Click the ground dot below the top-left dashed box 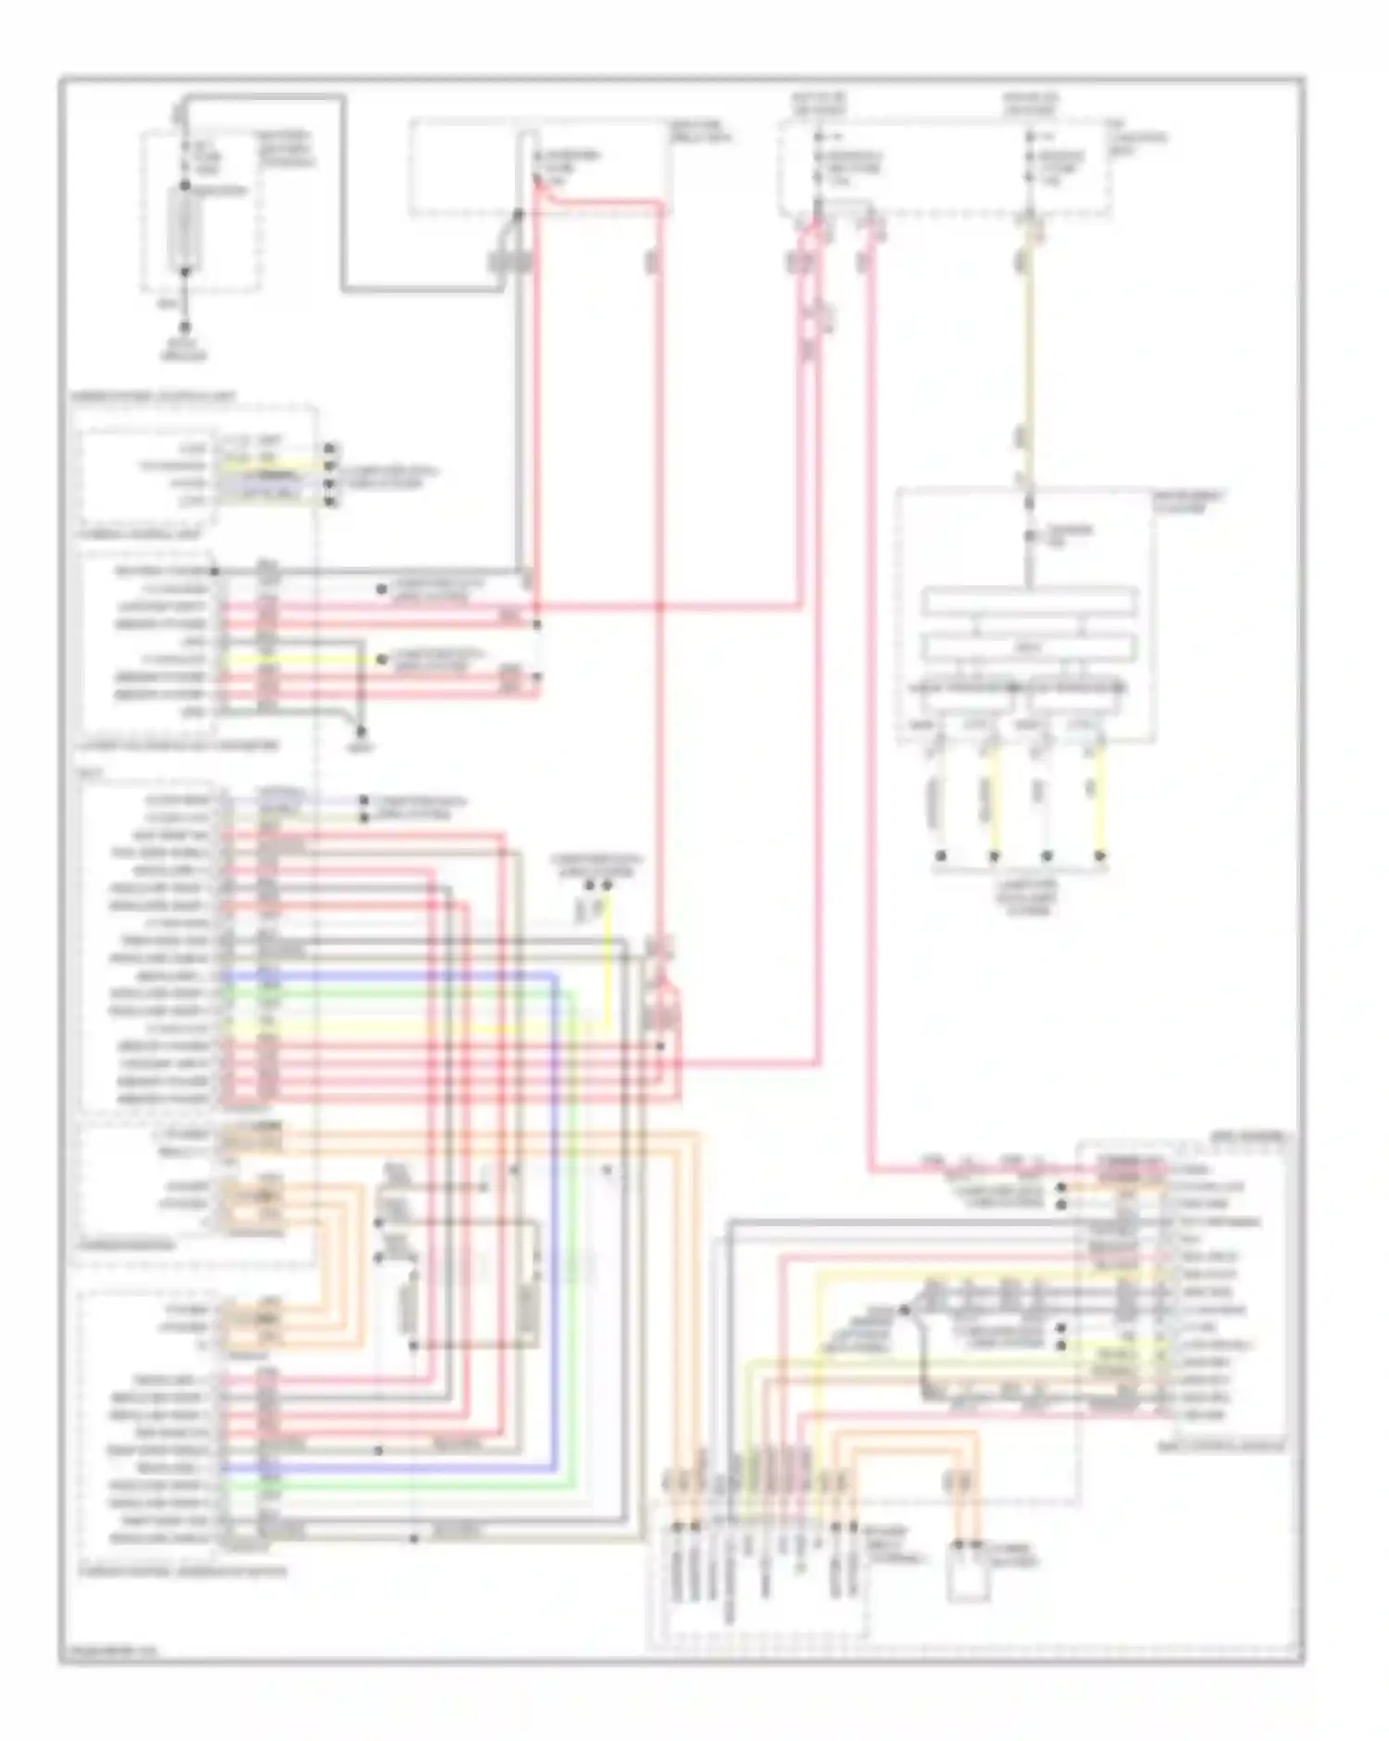click(x=185, y=326)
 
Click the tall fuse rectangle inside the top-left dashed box click(x=185, y=232)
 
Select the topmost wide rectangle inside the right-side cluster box click(x=1029, y=601)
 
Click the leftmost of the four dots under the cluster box click(x=941, y=856)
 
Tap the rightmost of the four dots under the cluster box click(x=1100, y=856)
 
